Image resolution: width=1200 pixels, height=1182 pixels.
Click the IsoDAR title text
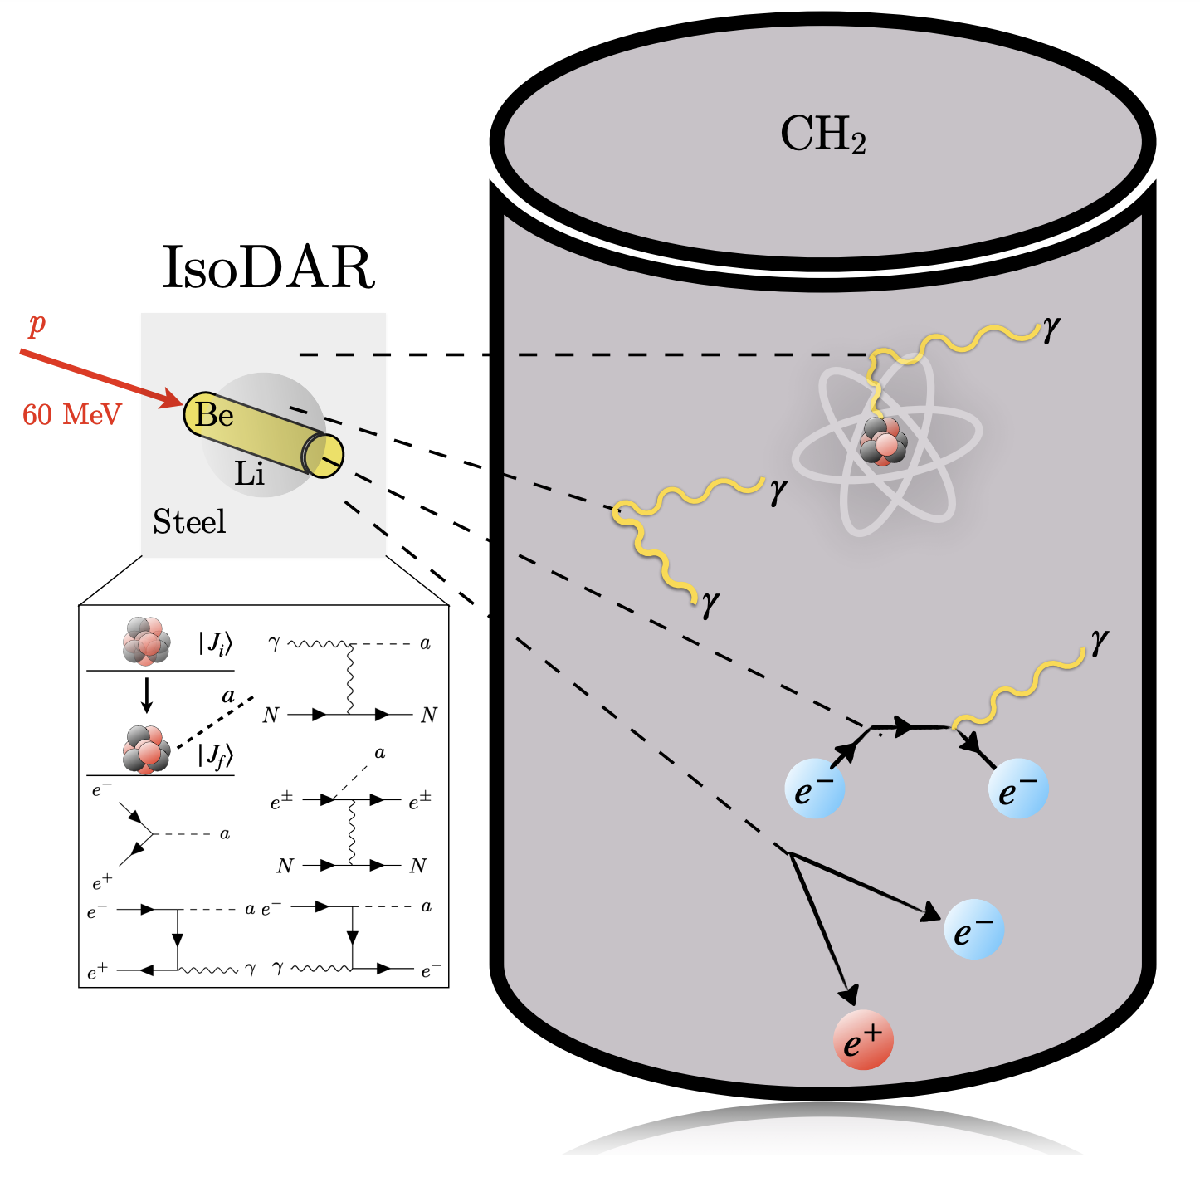[268, 267]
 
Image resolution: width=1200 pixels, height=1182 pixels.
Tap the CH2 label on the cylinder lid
[822, 135]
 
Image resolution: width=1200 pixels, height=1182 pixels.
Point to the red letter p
[37, 324]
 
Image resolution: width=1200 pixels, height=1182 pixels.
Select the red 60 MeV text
[72, 414]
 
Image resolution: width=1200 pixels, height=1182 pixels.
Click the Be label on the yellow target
[214, 414]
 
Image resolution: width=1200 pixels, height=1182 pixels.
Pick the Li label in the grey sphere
[249, 473]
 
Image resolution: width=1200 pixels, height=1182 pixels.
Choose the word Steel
[189, 521]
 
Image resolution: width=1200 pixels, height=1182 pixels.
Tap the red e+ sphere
[862, 1039]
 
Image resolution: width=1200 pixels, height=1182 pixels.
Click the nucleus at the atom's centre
[883, 441]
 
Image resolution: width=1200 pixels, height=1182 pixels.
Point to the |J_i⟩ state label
[215, 643]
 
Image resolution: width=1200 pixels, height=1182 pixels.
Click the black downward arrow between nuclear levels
[147, 696]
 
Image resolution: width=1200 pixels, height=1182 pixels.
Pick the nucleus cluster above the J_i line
[146, 641]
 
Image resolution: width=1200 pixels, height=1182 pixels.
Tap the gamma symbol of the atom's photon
[1051, 330]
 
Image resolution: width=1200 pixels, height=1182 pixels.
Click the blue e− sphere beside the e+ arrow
[973, 929]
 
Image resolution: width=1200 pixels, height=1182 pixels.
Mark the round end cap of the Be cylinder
[324, 455]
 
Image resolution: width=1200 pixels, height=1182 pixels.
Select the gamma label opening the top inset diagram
[274, 642]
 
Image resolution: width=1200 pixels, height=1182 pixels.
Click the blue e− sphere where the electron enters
[814, 789]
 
